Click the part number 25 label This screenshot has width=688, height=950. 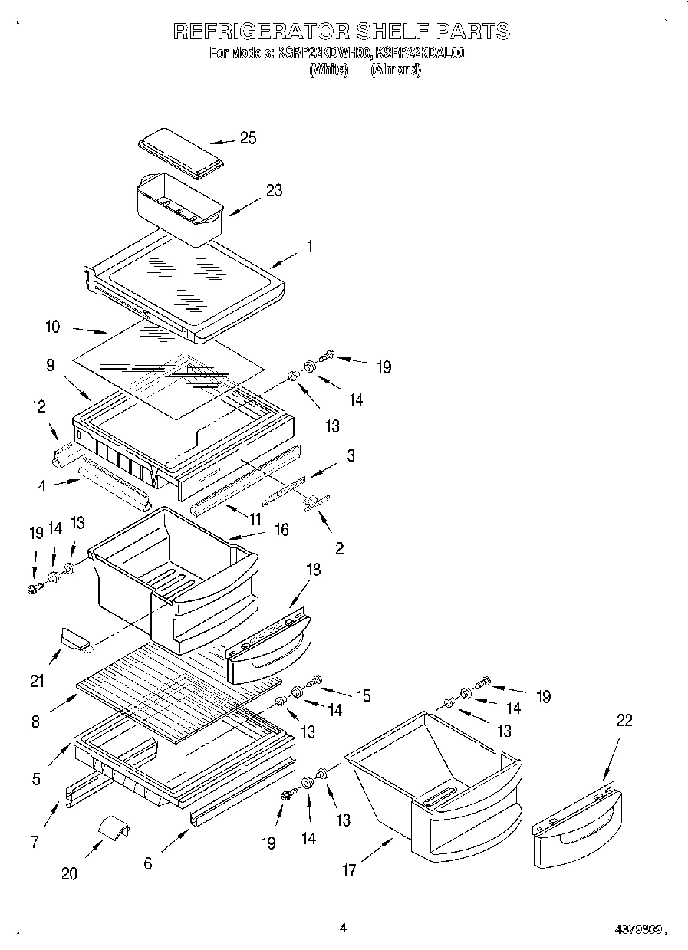coord(248,138)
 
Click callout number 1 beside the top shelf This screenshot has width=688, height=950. coord(309,247)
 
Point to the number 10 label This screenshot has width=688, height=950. coord(52,327)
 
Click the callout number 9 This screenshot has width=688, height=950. coord(50,367)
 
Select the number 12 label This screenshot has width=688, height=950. coord(38,406)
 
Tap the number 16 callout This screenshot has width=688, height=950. coord(281,530)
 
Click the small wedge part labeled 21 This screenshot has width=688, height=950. coord(75,637)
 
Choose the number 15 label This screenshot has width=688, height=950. coord(362,696)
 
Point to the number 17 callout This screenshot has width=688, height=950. coord(349,870)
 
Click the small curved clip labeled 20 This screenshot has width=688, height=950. coord(112,830)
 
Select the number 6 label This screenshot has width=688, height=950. coord(148,863)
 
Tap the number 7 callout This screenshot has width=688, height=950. coord(35,842)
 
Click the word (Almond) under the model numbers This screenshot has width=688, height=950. coord(395,70)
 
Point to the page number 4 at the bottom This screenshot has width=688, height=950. coord(343,928)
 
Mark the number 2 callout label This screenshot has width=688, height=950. coord(339,549)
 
